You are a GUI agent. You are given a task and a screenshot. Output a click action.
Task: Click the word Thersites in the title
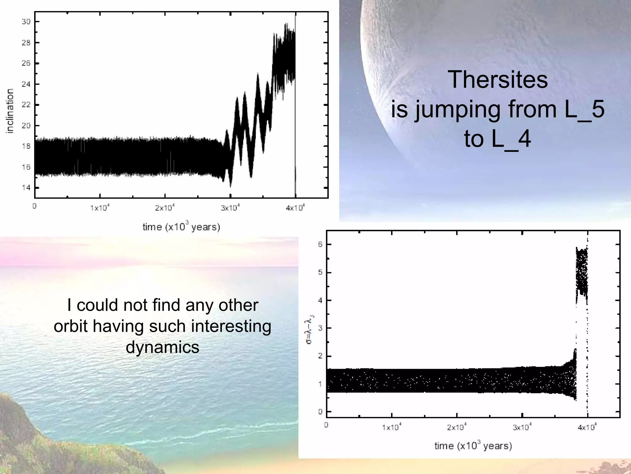(497, 80)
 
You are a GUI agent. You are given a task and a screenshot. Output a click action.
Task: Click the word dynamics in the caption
(162, 347)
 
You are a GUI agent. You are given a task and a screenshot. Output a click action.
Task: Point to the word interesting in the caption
(231, 326)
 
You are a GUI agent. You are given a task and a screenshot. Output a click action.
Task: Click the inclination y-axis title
(10, 111)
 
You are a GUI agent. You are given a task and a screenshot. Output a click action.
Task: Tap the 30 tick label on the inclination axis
(26, 22)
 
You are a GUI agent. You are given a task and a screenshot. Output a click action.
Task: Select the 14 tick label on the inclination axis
(26, 188)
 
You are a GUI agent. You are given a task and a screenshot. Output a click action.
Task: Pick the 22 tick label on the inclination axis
(26, 105)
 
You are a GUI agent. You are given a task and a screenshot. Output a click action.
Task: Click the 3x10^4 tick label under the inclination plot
(230, 208)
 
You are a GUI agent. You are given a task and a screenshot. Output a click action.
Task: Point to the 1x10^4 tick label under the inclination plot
(100, 208)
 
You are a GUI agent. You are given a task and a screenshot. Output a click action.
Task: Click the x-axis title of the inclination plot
(181, 227)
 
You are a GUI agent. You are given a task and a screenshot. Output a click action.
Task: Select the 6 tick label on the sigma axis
(320, 244)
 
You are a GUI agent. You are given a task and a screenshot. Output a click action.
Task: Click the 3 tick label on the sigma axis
(320, 328)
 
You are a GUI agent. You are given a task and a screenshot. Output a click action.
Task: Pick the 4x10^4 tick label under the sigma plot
(587, 427)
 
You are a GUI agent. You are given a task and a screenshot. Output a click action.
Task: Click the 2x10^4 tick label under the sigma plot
(457, 427)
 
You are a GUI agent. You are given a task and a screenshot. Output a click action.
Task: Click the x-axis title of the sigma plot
(473, 446)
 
